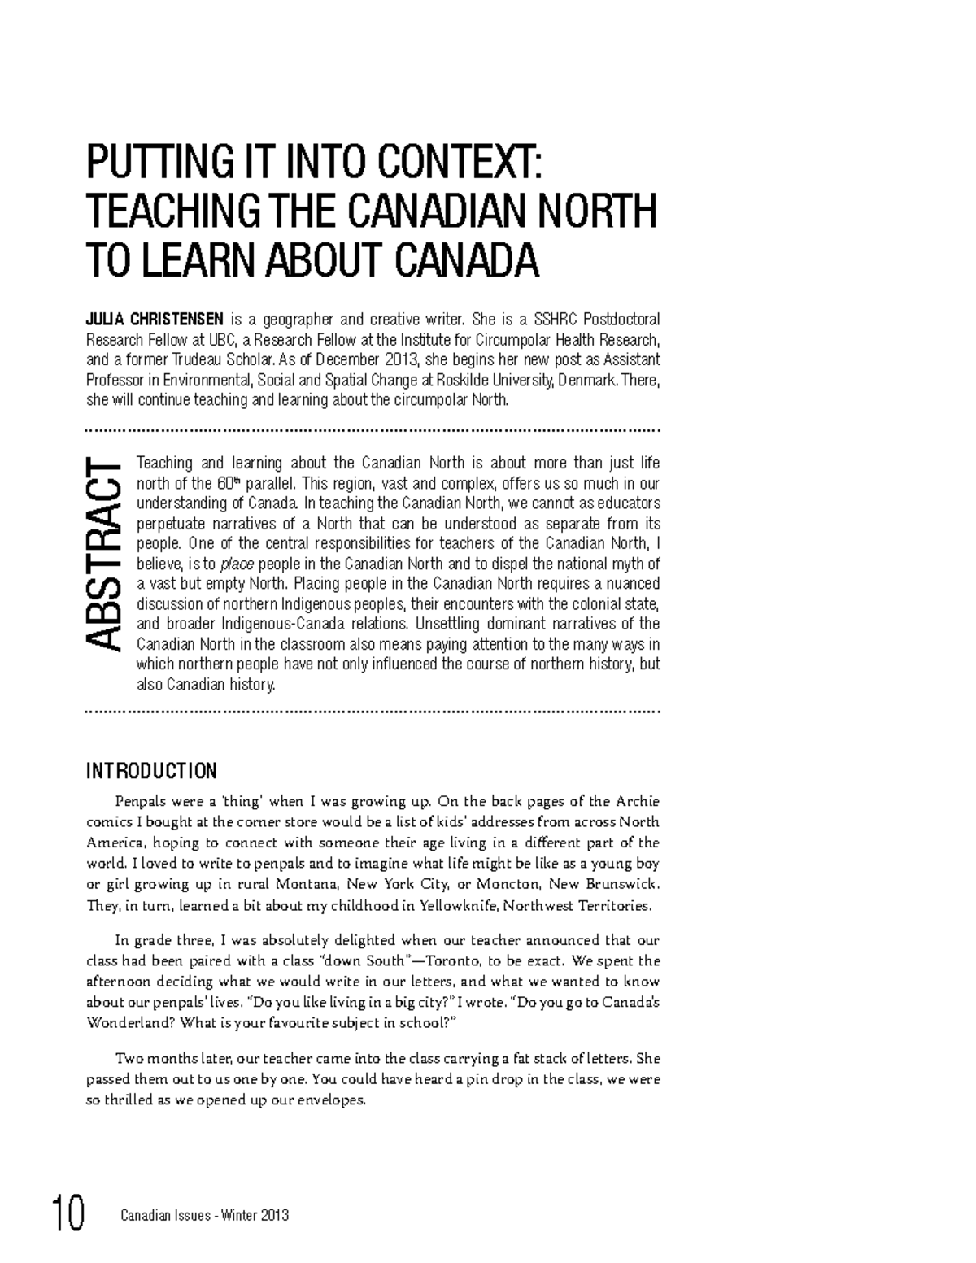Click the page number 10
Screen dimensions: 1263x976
68,1215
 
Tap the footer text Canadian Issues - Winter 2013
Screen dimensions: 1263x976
204,1216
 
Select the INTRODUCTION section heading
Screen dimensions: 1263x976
151,770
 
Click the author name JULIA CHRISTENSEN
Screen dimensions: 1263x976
155,319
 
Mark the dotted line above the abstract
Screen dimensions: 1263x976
373,429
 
